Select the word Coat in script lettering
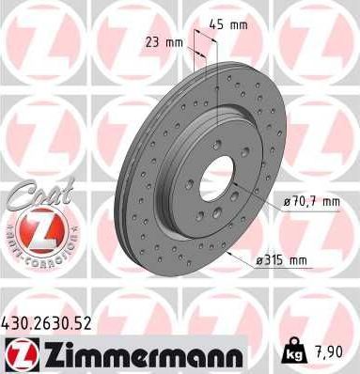coord(35,197)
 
